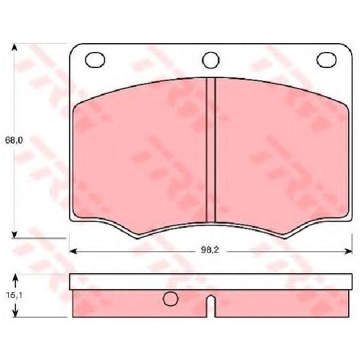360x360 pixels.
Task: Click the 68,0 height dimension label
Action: [14, 140]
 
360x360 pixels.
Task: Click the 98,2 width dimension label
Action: [210, 250]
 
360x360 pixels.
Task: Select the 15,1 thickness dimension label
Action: [14, 295]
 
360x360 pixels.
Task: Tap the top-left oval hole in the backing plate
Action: [95, 60]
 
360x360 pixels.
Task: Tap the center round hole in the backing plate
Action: [211, 60]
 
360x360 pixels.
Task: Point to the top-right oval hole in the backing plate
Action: [326, 60]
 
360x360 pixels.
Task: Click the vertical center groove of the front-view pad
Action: [211, 150]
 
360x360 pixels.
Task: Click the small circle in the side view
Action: [170, 299]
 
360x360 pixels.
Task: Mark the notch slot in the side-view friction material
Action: [211, 306]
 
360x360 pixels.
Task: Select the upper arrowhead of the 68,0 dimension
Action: [14, 47]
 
